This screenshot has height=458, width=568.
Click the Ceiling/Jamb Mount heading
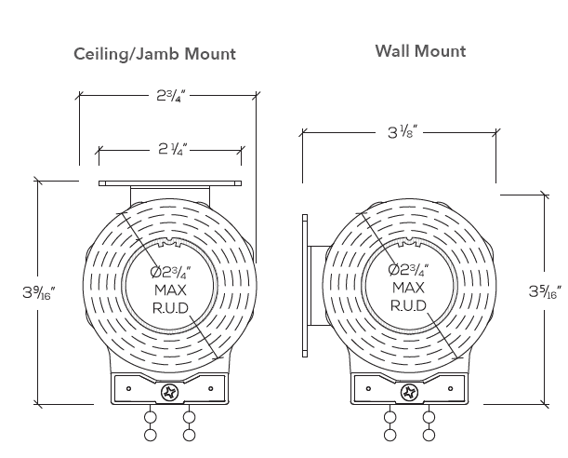coord(154,54)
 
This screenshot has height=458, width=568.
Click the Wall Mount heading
coord(420,50)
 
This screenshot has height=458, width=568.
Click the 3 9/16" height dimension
coord(39,292)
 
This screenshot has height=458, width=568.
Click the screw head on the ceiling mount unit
coord(170,393)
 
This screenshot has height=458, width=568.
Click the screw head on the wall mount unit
coord(408,393)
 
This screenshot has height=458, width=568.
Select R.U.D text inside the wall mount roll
coord(408,305)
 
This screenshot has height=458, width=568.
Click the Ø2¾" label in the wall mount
coord(408,271)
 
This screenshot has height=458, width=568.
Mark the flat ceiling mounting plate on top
coord(170,182)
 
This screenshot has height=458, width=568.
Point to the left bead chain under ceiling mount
coord(150,425)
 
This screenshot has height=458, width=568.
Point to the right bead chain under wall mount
coord(429,425)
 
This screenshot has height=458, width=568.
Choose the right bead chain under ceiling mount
coord(190,425)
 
